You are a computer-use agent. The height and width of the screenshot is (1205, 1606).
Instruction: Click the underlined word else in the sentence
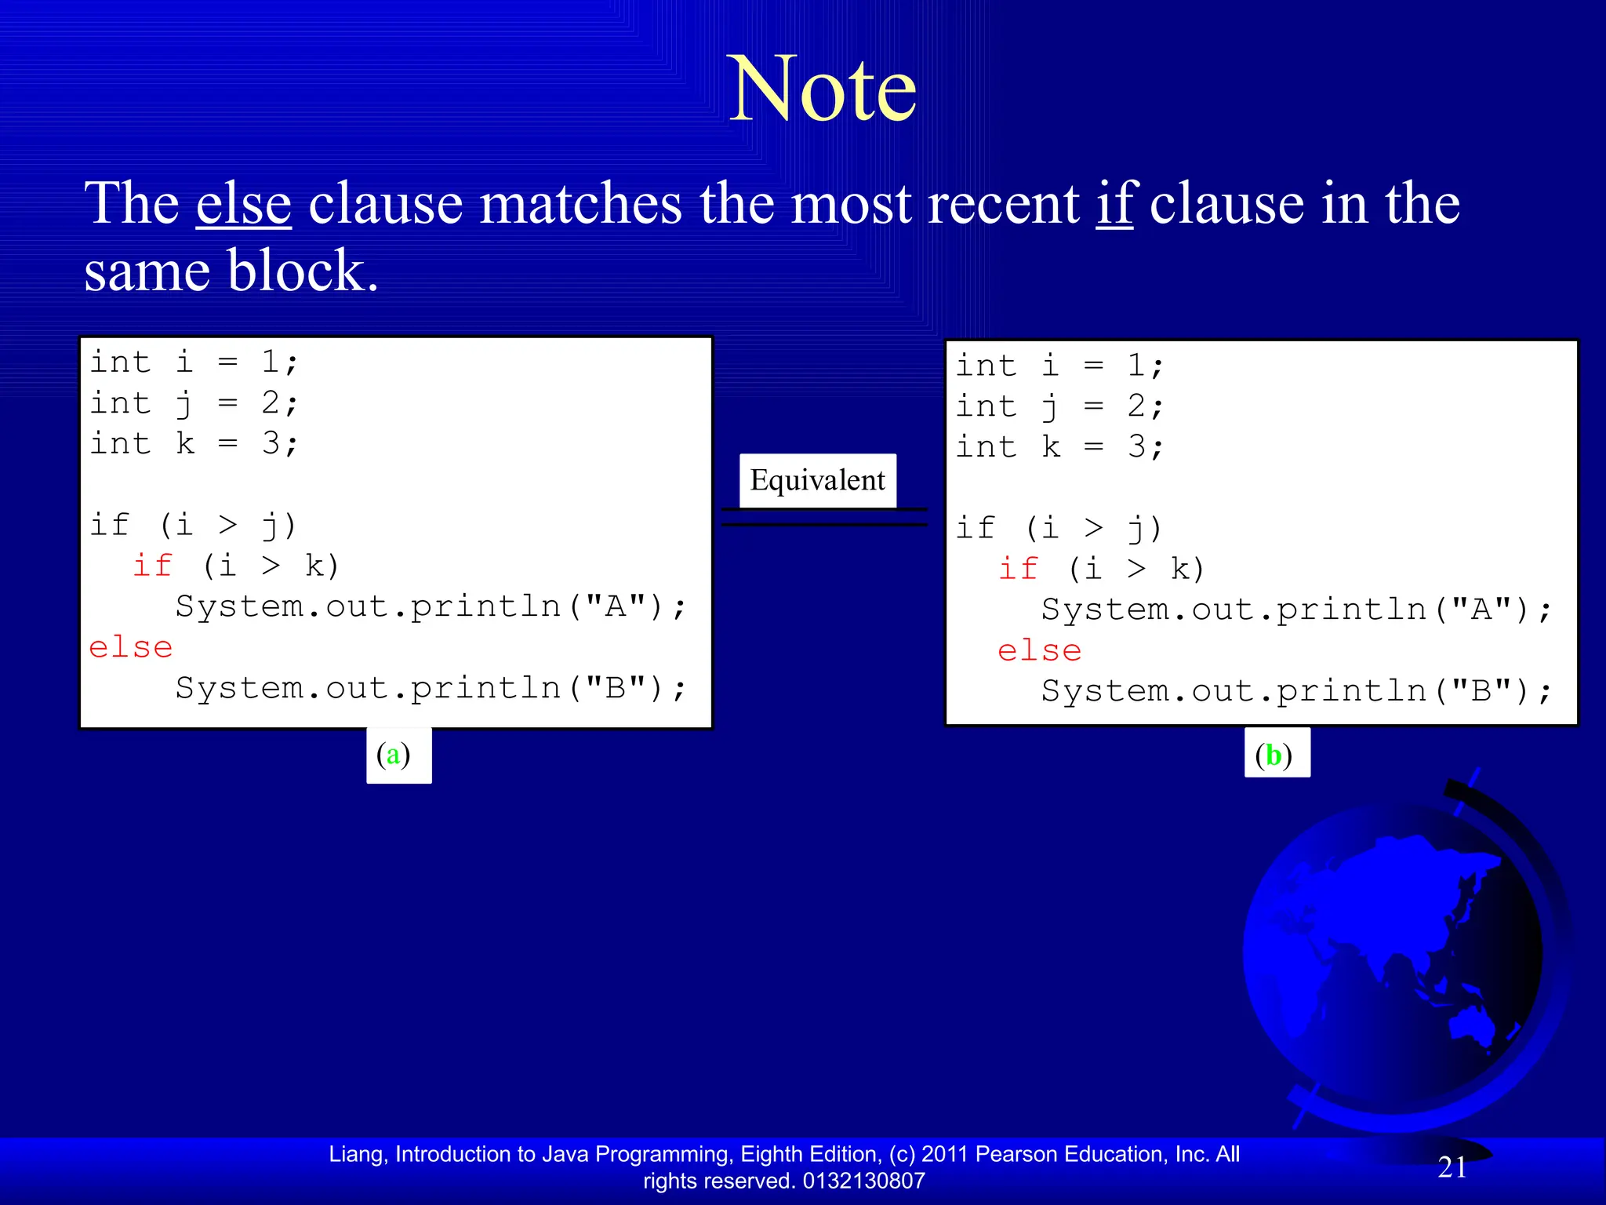244,204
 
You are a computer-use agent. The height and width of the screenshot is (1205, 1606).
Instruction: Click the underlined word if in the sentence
1114,204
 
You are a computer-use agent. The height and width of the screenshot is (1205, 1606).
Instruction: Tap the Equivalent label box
817,480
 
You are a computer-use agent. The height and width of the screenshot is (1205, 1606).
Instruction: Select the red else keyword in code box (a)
130,648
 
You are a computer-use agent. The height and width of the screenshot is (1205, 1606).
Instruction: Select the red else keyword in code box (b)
1039,651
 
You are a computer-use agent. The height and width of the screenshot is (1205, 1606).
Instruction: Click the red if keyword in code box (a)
152,566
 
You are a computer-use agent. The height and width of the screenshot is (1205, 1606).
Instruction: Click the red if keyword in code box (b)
1018,569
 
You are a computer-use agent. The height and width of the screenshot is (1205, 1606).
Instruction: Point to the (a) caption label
398,755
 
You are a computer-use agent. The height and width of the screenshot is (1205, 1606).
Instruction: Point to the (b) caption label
1276,755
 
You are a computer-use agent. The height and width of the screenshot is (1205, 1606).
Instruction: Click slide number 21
1452,1167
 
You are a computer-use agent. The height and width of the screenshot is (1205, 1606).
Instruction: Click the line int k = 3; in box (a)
194,444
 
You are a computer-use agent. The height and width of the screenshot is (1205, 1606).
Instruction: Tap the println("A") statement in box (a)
430,607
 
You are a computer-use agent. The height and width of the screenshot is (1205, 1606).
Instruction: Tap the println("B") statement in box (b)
1295,692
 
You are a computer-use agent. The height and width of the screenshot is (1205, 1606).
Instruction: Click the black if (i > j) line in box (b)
1059,528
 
